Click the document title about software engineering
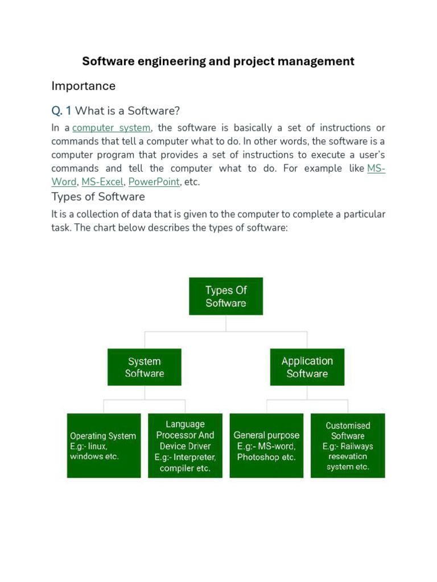coord(218,61)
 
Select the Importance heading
coord(83,86)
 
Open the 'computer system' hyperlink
coord(112,128)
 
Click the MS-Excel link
coord(102,182)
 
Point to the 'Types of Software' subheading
coord(98,197)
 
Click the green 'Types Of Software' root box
coord(226,296)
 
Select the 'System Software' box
coord(145,367)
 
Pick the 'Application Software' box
coord(307,367)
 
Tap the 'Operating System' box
coord(104,446)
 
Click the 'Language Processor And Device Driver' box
coord(185,446)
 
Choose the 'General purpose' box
coord(266,446)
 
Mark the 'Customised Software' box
coord(348,446)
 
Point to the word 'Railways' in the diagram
coord(357,446)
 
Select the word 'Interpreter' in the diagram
coord(195,458)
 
